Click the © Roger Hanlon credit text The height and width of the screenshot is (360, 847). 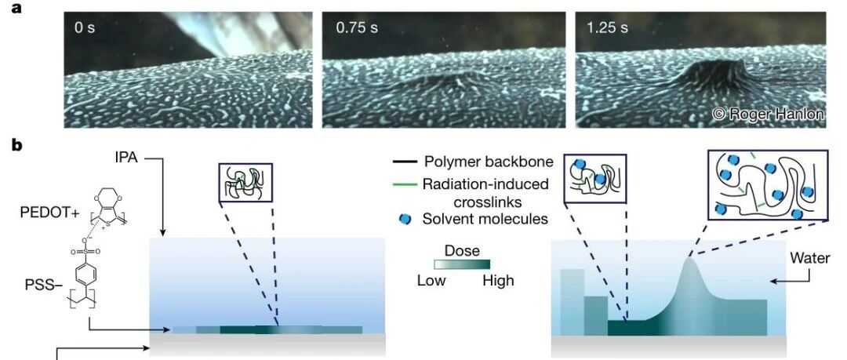coord(768,115)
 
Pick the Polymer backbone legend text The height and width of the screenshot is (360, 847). coord(485,162)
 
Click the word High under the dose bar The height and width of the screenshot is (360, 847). coord(499,281)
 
